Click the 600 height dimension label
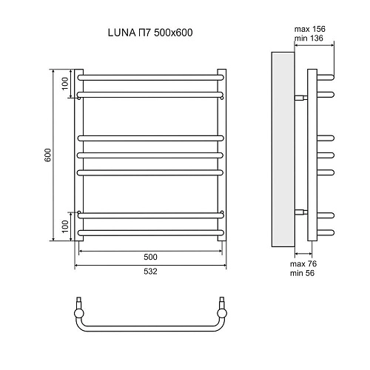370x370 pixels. [47, 155]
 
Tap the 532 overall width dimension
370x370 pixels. [151, 272]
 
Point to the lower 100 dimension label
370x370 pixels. [65, 224]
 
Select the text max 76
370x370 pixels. [302, 264]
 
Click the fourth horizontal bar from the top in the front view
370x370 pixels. [151, 155]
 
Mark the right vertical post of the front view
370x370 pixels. [223, 155]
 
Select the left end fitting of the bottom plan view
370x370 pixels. [79, 304]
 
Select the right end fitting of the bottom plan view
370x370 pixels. [222, 304]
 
